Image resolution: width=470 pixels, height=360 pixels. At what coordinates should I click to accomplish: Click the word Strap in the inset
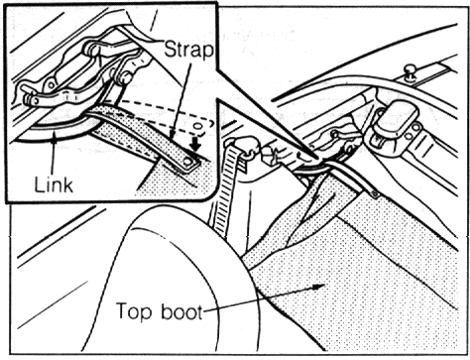coord(188,51)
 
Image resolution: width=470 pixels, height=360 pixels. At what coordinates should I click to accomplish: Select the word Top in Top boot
coord(133,311)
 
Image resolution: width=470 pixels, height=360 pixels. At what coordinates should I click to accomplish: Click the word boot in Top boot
coord(181,311)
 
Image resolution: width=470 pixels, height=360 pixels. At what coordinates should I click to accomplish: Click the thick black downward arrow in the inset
coord(196,144)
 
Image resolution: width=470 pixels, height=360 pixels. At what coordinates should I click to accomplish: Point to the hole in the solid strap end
coord(187,162)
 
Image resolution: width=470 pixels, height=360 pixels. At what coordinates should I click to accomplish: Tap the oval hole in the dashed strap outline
coord(197,126)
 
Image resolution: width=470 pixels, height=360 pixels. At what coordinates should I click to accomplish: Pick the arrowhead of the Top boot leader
coord(319,287)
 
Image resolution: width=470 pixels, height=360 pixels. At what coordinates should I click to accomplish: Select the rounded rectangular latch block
coord(396,128)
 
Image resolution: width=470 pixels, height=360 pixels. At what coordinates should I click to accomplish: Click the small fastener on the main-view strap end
coord(374,194)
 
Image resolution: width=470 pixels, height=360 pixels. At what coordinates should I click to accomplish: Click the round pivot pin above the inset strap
coord(124,77)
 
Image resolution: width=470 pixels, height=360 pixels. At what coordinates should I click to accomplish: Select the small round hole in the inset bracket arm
coord(52,85)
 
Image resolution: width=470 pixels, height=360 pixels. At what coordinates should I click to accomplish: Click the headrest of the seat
coord(172,281)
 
